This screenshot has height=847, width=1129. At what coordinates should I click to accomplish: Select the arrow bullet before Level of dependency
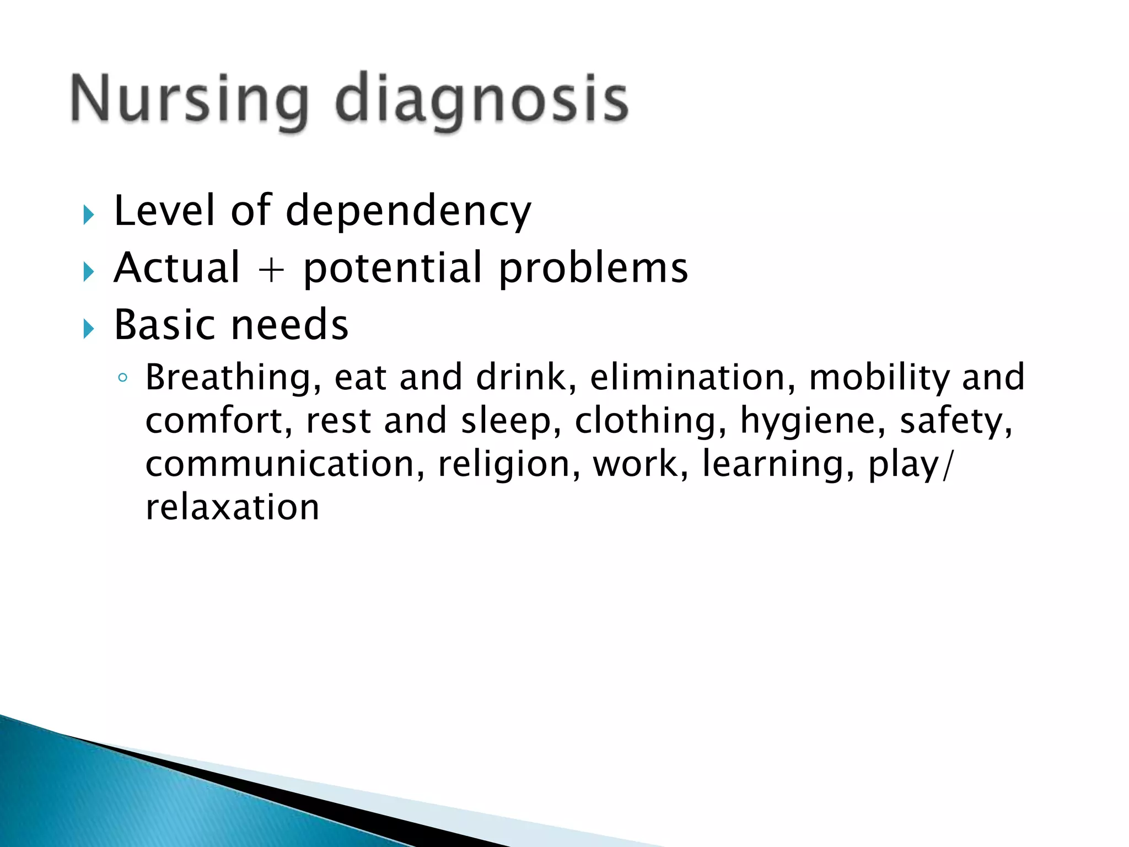point(88,215)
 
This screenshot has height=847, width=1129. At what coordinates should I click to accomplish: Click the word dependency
point(408,212)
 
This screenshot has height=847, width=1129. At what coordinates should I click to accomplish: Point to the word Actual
point(177,268)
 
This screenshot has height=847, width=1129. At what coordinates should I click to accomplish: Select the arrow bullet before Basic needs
point(88,329)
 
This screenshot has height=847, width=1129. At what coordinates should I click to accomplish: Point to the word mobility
point(879,378)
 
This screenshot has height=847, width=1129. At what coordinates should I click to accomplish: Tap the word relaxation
point(232,507)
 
